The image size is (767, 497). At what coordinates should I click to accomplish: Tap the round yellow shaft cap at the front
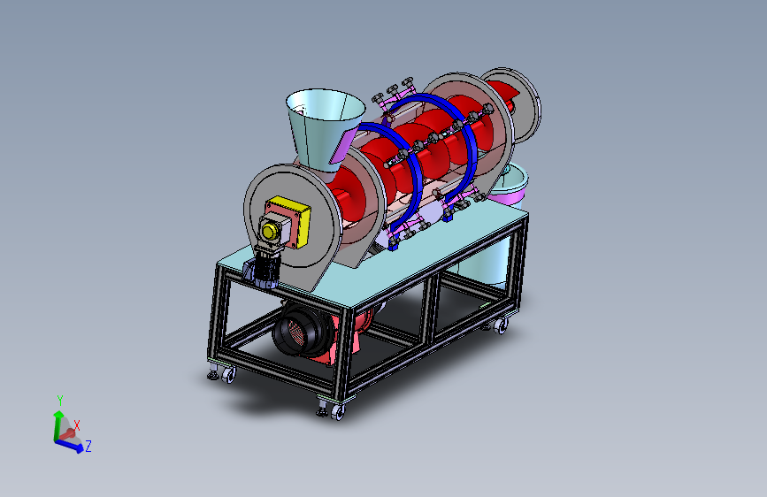click(x=269, y=231)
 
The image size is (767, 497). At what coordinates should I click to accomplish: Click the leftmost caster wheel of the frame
click(x=228, y=375)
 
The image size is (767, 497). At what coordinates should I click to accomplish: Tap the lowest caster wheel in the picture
click(x=338, y=412)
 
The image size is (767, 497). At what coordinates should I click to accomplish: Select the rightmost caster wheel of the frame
click(x=500, y=325)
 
